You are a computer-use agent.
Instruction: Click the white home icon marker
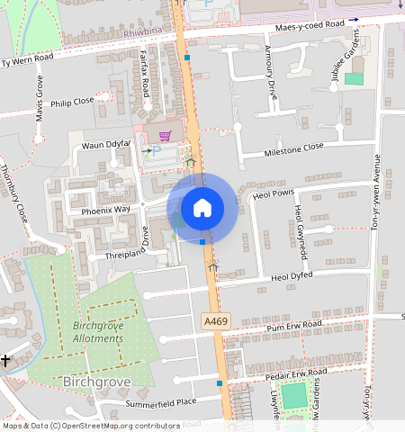202,208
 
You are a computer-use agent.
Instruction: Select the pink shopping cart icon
164,136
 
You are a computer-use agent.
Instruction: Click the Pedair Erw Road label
295,373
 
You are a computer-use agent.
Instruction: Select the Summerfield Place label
160,401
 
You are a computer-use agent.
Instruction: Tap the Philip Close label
73,103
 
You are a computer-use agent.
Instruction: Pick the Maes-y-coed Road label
310,24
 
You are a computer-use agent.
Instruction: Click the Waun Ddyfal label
107,145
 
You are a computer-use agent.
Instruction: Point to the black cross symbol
5,360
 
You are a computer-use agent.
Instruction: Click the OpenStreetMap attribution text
90,426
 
